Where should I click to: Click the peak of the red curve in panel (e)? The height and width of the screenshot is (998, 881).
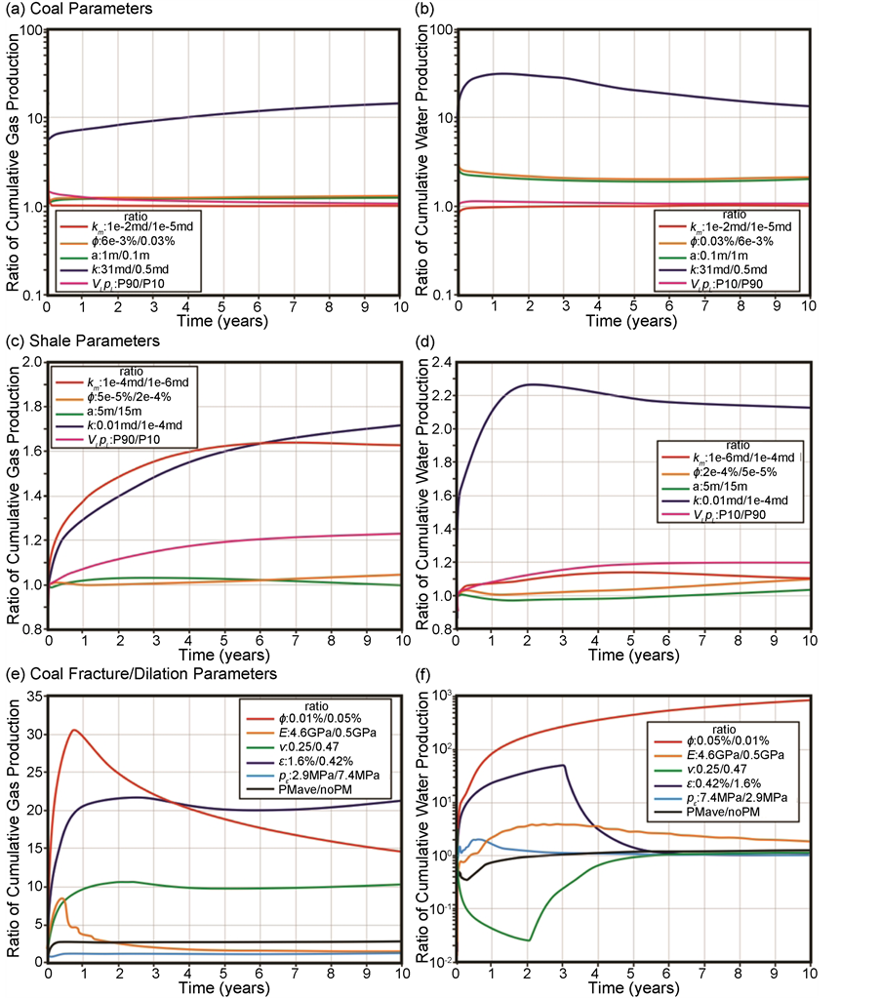[74, 730]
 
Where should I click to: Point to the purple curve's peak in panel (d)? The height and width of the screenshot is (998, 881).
[530, 384]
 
